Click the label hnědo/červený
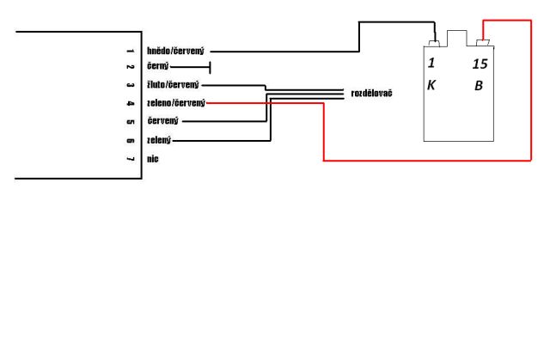point(175,51)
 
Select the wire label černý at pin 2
point(159,66)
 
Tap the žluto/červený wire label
point(173,85)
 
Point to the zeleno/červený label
point(176,103)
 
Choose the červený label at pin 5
point(162,121)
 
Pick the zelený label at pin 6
point(159,140)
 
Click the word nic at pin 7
point(152,159)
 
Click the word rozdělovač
point(372,92)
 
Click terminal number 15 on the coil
point(480,64)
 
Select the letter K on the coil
point(431,86)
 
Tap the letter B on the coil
point(479,86)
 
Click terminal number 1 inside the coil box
point(432,64)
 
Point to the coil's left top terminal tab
point(435,42)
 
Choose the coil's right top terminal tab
point(483,42)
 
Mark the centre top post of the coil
point(459,40)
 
